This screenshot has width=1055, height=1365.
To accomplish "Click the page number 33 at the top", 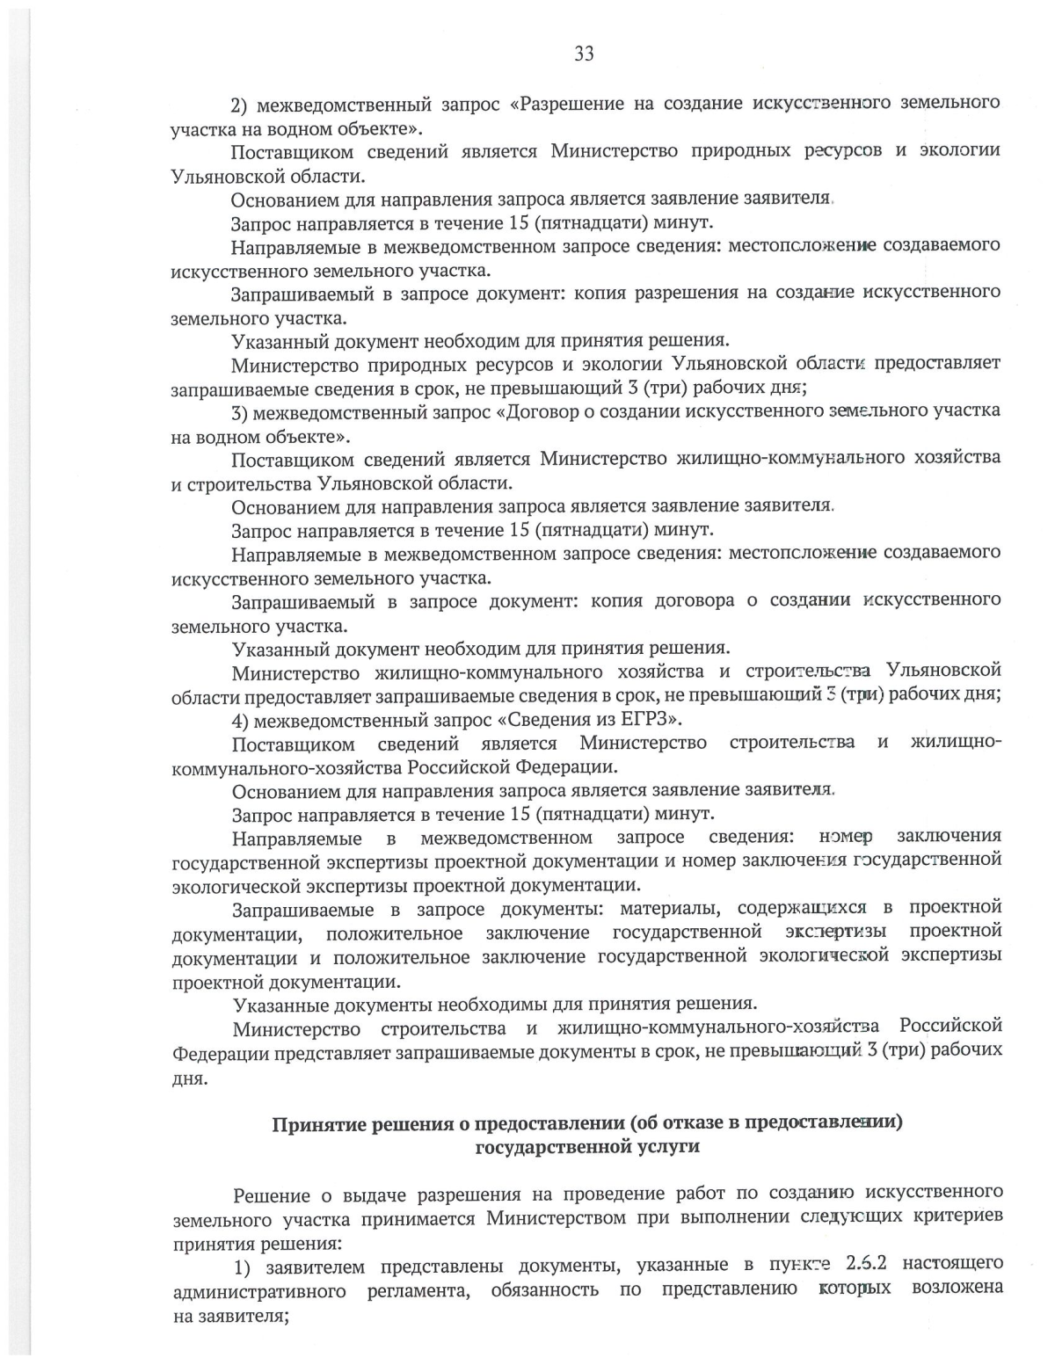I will click(x=584, y=54).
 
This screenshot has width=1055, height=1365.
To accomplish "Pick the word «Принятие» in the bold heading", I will click(x=316, y=1125).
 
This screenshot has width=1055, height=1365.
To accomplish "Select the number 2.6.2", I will click(x=866, y=1264).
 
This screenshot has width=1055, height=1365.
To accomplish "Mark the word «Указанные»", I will click(x=277, y=1004).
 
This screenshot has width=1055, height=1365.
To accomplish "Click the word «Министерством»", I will click(x=557, y=1218).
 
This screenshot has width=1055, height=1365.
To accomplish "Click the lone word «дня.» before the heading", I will click(x=190, y=1078).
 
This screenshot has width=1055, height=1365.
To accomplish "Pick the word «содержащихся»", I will click(x=803, y=907).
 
